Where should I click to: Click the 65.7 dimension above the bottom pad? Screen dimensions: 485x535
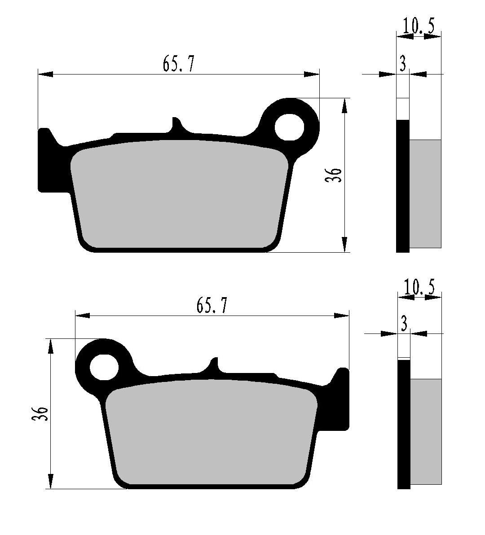point(212,305)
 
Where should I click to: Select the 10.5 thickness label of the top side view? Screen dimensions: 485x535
point(419,26)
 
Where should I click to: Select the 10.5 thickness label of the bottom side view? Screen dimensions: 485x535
point(419,287)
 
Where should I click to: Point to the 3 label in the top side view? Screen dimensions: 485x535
point(403,64)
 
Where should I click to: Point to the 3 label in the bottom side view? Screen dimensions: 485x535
point(404,324)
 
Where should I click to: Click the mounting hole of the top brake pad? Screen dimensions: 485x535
point(290,127)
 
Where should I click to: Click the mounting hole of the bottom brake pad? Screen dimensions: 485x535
point(104,367)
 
